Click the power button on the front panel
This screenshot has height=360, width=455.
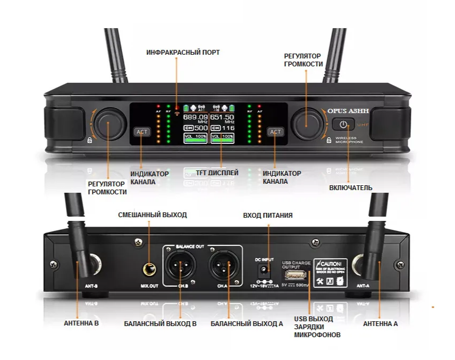[x=344, y=125]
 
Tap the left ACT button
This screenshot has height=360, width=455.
[x=141, y=132]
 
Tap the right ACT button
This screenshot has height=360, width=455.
[x=275, y=132]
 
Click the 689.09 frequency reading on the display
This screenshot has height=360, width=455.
[x=196, y=117]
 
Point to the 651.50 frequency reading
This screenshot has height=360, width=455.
[x=222, y=117]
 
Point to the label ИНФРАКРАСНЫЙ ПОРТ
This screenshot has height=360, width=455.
[x=183, y=53]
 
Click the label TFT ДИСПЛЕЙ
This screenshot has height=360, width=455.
[x=216, y=173]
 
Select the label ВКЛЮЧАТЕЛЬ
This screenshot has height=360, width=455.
[x=350, y=187]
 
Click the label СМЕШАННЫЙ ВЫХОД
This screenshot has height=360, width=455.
[x=152, y=215]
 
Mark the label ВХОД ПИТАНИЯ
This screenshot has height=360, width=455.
[x=267, y=216]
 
